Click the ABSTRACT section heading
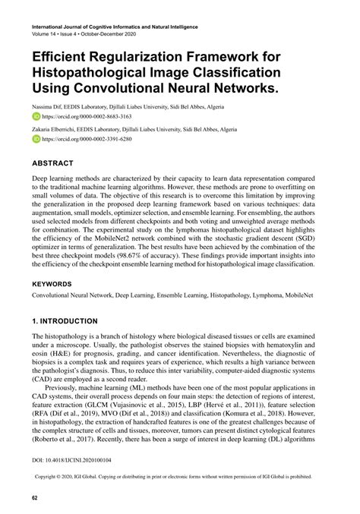pyautogui.click(x=52, y=162)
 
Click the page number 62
pyautogui.click(x=35, y=497)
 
